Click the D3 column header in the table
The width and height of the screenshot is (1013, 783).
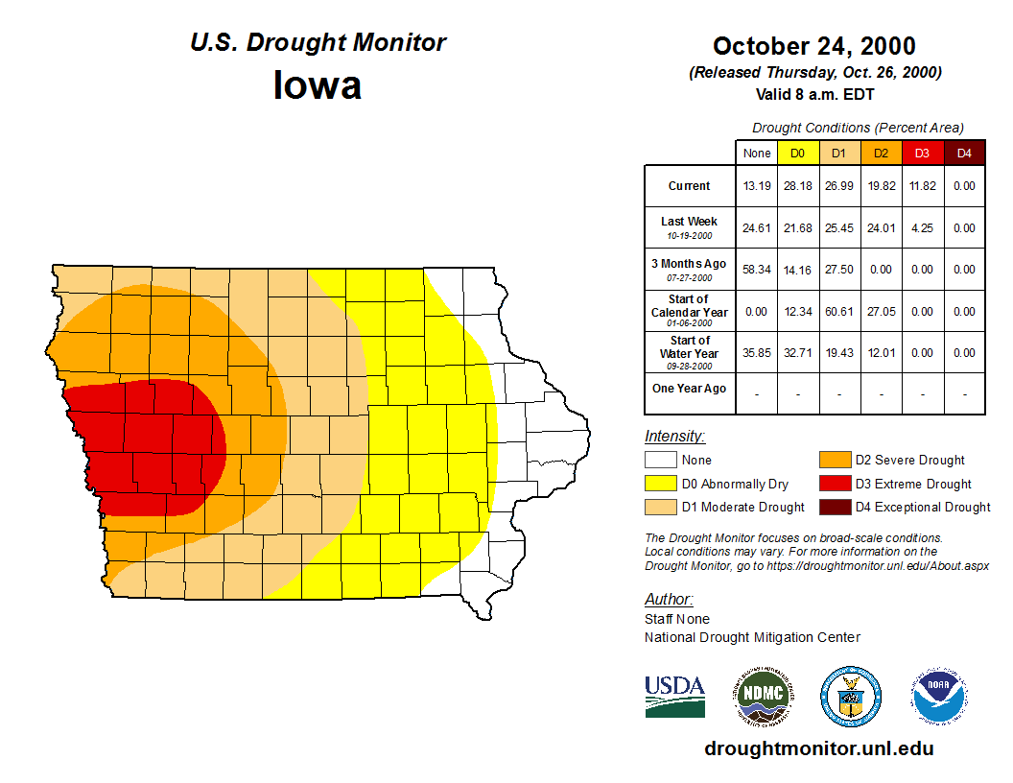(922, 154)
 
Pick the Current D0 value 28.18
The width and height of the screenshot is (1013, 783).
(797, 186)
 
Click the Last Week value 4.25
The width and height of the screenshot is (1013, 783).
(922, 228)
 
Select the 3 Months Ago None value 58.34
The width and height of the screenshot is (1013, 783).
(756, 270)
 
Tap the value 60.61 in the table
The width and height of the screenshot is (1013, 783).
(839, 312)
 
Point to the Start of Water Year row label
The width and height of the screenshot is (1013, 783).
(690, 352)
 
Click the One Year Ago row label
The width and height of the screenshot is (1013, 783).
(690, 389)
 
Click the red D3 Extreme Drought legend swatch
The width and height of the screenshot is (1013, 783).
(834, 484)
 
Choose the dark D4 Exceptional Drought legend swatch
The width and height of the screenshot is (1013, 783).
(834, 507)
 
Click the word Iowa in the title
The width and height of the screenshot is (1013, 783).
(318, 85)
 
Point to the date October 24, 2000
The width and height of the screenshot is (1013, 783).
(813, 46)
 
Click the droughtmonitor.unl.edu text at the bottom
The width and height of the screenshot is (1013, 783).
(818, 748)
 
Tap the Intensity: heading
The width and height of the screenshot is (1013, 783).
(674, 437)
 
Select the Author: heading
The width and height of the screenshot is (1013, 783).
(668, 600)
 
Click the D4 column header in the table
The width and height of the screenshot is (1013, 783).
(964, 154)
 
